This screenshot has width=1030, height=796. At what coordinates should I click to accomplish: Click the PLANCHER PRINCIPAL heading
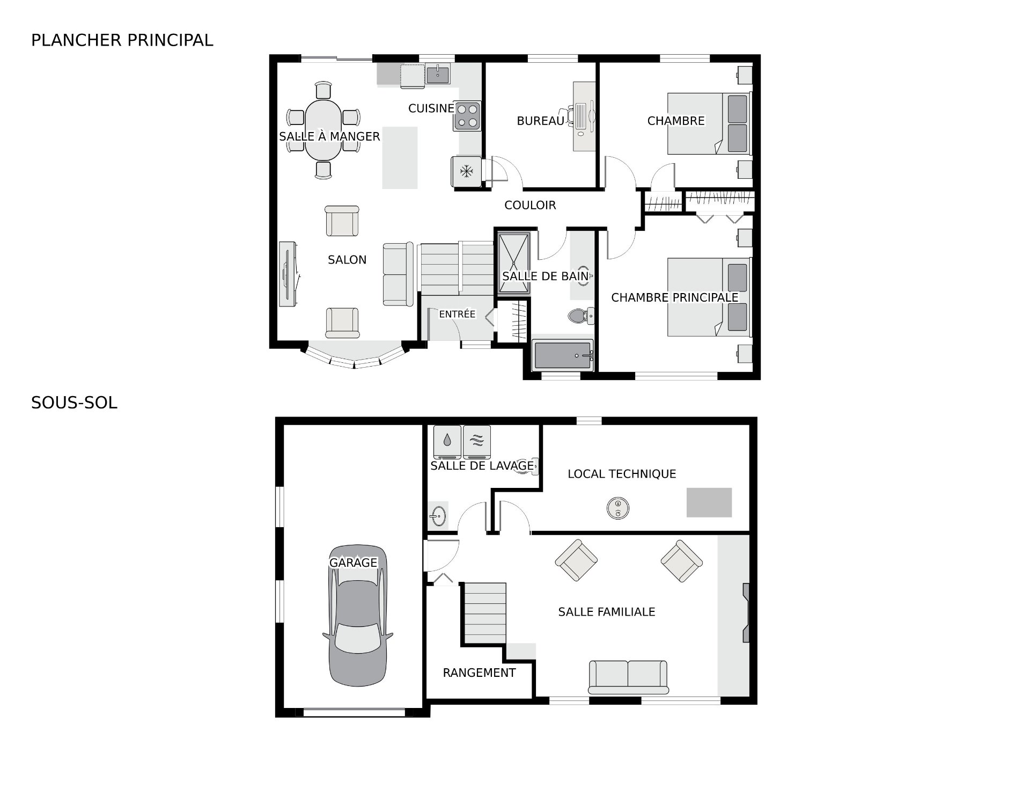tap(122, 40)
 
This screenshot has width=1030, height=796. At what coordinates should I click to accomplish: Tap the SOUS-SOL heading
tap(74, 403)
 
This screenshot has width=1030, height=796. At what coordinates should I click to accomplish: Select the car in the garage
tap(357, 616)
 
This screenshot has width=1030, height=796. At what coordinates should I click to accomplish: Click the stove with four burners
tap(467, 116)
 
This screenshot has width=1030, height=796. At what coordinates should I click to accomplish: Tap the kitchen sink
tap(438, 74)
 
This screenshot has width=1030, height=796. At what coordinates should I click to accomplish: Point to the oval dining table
tap(323, 130)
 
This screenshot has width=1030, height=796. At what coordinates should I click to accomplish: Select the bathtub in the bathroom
tap(563, 355)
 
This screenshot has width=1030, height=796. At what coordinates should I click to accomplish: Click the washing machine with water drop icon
tap(447, 442)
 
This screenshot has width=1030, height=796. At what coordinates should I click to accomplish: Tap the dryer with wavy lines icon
tap(477, 442)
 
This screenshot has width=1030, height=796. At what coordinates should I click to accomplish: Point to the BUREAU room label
tap(540, 121)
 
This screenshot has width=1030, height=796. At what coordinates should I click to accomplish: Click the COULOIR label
tap(530, 205)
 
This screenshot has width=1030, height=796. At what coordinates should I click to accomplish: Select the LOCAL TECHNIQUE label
tap(622, 474)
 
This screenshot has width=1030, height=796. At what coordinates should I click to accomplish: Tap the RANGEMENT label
tap(479, 673)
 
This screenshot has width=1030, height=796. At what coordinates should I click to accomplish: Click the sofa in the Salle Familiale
tap(628, 677)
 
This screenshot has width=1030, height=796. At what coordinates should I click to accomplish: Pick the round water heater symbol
tap(618, 508)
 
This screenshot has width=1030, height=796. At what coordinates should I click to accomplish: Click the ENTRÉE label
tap(457, 314)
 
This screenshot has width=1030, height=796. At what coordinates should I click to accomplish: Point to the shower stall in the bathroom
tap(514, 263)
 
